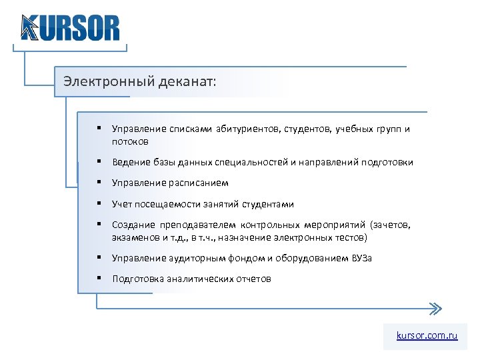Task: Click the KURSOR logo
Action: [x=70, y=27]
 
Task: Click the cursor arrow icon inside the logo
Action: [x=29, y=29]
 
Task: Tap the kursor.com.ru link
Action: [x=427, y=336]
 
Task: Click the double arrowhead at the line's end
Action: [x=435, y=309]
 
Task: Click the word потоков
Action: [x=130, y=141]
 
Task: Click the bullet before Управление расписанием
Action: [x=98, y=182]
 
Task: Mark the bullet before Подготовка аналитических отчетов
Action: [x=98, y=278]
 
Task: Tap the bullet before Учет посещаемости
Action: [x=98, y=203]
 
